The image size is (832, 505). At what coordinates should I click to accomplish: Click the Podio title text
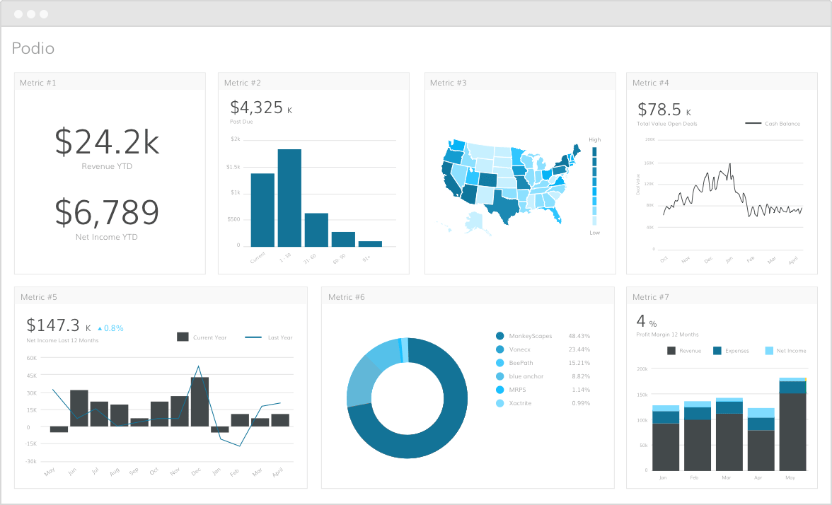coord(33,49)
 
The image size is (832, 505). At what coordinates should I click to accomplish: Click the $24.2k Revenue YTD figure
coord(107,142)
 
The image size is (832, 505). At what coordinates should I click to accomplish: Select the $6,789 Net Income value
coord(107,212)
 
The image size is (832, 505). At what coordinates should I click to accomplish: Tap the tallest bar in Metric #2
coord(289,198)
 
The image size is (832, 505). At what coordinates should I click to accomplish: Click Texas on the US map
coord(504,206)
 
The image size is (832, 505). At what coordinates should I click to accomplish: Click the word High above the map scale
coord(594,140)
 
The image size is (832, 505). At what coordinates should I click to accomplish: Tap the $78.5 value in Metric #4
coord(659,110)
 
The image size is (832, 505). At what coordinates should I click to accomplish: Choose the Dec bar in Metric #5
coord(200,401)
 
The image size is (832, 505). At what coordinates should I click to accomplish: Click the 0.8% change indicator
coord(110,328)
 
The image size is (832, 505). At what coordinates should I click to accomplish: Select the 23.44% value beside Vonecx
coord(579,349)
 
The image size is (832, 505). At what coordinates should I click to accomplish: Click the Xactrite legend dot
coord(500,403)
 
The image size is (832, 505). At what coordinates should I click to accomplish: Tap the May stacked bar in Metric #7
coord(792,424)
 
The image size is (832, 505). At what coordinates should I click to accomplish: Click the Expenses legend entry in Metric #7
coord(731,351)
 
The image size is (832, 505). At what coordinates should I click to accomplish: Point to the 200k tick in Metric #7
coord(642,368)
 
